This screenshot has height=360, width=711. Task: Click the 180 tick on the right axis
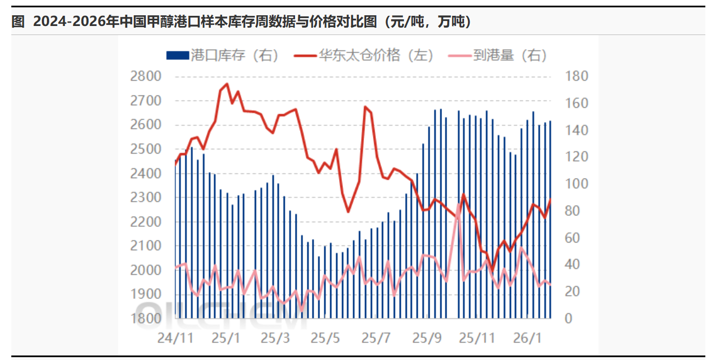click(577, 76)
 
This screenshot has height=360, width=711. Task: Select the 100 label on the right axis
click(577, 184)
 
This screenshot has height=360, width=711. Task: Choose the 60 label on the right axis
click(573, 237)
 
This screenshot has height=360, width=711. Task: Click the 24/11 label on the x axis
click(176, 338)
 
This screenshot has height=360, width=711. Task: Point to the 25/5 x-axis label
click(326, 338)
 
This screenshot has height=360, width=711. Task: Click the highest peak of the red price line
click(227, 84)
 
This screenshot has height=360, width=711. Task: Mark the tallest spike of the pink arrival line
click(458, 204)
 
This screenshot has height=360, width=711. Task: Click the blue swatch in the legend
click(177, 55)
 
